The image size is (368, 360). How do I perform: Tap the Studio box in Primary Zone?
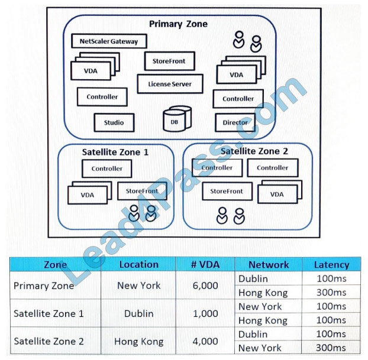tap(114, 122)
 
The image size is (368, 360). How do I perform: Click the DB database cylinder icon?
tap(175, 119)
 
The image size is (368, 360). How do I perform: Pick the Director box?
tap(235, 122)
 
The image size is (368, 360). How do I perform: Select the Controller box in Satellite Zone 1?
tap(107, 168)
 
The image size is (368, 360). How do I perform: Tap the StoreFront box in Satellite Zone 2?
tap(227, 192)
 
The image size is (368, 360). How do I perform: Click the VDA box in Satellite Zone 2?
tap(277, 194)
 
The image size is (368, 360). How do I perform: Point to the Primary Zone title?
tap(178, 24)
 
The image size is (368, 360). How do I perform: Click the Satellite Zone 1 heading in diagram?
tap(115, 152)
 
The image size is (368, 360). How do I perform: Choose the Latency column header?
tap(331, 265)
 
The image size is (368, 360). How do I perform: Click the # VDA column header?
tap(205, 265)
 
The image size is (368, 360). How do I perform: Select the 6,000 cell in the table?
tap(205, 286)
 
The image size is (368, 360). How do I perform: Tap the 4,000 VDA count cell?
tap(205, 341)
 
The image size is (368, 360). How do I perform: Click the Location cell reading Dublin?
tap(138, 313)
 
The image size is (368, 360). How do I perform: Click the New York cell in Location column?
tap(138, 286)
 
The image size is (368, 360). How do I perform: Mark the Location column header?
tap(138, 265)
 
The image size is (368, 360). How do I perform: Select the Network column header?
tap(269, 265)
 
